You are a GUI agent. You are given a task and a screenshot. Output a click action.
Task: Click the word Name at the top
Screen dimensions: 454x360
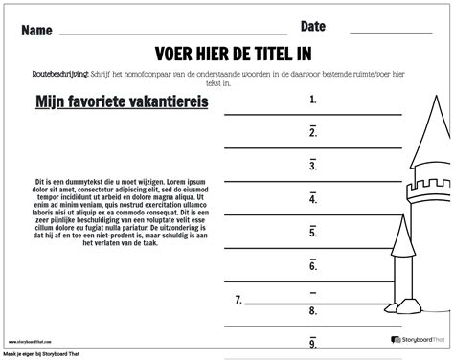[35, 30]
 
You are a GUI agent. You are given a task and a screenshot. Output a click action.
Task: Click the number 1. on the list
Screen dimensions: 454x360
[313, 99]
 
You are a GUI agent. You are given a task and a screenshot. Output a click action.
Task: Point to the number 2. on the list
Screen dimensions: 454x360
[313, 132]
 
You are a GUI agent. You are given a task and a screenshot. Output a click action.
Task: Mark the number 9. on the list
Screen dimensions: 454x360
[313, 342]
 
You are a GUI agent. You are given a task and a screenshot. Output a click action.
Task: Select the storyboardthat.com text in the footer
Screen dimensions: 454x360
[38, 339]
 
